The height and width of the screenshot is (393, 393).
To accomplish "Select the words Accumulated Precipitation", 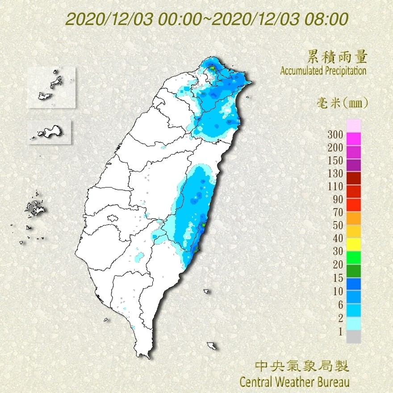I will [323, 71].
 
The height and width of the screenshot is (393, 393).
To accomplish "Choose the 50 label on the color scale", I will [335, 225].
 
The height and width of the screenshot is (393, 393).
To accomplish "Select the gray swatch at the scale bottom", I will [353, 336].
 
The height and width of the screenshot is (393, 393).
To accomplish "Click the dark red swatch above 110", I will [353, 178].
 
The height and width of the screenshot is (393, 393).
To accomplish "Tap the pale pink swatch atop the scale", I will [353, 125].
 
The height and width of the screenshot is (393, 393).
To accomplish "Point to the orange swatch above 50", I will [353, 218].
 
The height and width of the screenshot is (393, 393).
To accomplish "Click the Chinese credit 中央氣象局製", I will [301, 367].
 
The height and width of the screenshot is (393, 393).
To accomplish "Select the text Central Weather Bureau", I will [294, 382].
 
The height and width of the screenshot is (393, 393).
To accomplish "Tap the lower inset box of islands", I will [50, 132].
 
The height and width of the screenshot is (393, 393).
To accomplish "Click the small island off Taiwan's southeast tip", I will [213, 346].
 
